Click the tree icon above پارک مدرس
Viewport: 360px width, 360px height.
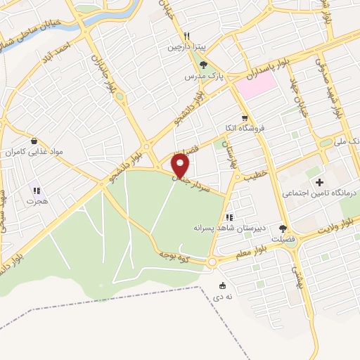pos(203,65)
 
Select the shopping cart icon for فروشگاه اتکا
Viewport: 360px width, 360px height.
pos(244,118)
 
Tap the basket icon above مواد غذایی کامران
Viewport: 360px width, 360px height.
pos(34,140)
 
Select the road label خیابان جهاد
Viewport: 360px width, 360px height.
pos(300,98)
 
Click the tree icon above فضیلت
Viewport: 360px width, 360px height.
pos(283,228)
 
